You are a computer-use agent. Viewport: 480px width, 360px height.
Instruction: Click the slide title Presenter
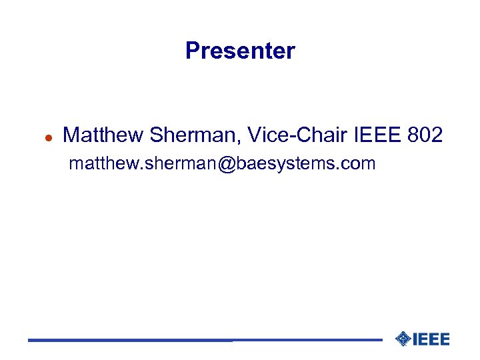pos(240,51)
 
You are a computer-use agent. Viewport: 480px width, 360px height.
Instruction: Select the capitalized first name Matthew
pos(103,135)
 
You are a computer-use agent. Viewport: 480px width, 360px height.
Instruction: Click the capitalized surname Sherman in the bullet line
pos(192,135)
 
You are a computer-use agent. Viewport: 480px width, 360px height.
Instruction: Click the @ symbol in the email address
pos(225,164)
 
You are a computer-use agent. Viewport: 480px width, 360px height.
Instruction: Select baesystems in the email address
pos(287,164)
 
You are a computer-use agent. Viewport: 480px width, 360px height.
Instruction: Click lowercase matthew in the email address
pos(99,164)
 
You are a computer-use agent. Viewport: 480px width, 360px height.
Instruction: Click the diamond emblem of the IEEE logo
pos(402,339)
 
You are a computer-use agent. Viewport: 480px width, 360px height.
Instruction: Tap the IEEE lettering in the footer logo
pos(431,339)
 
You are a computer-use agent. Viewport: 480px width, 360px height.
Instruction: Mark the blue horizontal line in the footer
pos(200,341)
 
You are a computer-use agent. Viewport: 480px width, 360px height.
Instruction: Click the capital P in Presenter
pos(192,51)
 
